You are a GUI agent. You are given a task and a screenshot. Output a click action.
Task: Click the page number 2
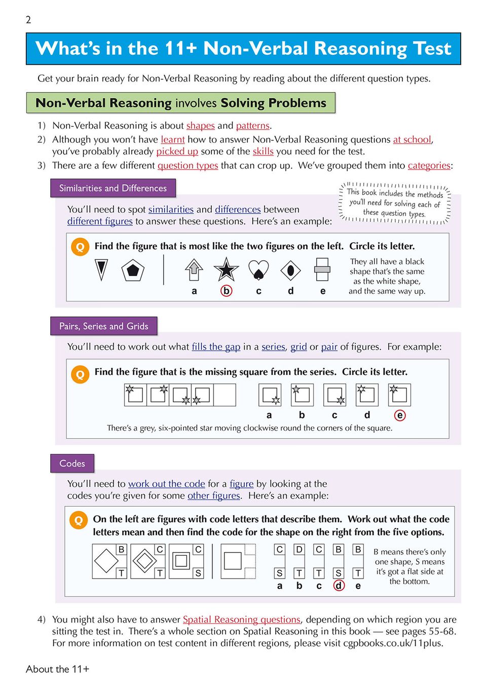click(x=28, y=20)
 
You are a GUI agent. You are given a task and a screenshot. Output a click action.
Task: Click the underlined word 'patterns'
click(x=252, y=126)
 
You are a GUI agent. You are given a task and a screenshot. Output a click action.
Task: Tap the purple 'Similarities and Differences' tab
click(x=113, y=188)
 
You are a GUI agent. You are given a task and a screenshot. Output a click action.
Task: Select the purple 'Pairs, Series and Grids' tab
click(x=104, y=326)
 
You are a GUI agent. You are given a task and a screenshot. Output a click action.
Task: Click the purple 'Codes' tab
click(x=72, y=463)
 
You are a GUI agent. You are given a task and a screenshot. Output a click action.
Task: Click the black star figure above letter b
click(x=226, y=270)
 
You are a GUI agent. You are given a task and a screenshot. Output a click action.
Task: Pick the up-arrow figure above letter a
click(x=194, y=270)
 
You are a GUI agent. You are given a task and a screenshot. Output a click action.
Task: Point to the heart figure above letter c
click(x=258, y=270)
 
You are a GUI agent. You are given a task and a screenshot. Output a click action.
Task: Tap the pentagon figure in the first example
click(x=133, y=270)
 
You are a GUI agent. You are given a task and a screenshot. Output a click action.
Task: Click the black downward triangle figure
click(x=101, y=270)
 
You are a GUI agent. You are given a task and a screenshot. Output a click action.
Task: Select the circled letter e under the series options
click(x=400, y=415)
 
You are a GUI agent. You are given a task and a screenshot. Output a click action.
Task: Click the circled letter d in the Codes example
click(x=339, y=586)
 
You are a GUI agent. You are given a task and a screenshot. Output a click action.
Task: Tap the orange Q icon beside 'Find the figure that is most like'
click(x=80, y=247)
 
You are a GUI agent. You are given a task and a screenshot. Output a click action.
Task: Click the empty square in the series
click(x=224, y=395)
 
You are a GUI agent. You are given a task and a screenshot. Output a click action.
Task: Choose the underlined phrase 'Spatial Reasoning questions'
click(x=241, y=620)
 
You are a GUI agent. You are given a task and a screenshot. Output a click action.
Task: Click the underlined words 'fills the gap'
click(x=216, y=347)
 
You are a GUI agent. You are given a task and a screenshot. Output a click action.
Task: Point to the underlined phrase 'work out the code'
click(x=166, y=484)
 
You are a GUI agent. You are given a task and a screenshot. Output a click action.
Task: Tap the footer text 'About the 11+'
click(x=57, y=669)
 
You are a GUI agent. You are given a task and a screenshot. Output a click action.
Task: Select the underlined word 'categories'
click(x=429, y=166)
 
